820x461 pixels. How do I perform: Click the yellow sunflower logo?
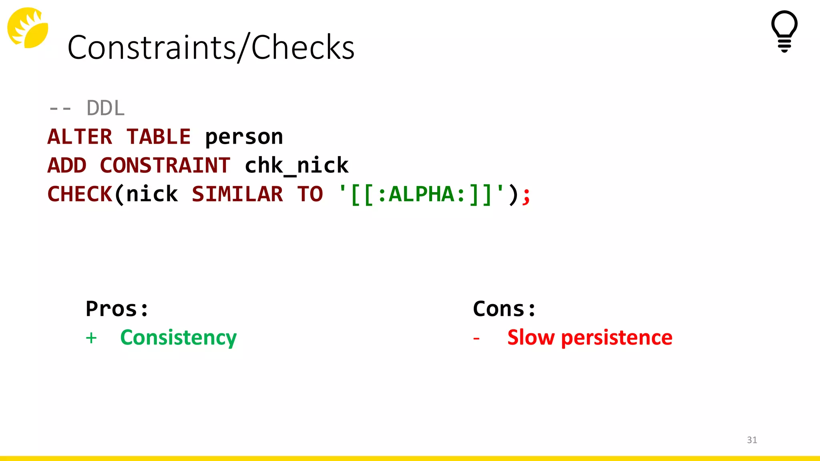[28, 28]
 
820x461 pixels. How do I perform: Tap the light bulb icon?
[784, 31]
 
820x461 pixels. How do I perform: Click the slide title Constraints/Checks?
[211, 47]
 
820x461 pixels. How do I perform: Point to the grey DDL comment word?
[106, 108]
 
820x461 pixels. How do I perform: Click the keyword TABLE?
[159, 137]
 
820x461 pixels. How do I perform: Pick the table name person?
[244, 137]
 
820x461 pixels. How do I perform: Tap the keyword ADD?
[67, 165]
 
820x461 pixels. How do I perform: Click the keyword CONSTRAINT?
[165, 165]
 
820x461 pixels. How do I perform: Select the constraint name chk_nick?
[296, 165]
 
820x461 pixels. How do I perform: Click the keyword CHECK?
[80, 194]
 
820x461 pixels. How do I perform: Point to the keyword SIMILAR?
[237, 194]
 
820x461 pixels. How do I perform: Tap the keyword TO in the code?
[310, 194]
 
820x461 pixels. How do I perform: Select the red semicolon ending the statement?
[527, 195]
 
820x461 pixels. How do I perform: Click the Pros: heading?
[117, 309]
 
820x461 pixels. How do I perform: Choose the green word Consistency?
[179, 338]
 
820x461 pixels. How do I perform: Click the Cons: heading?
[504, 309]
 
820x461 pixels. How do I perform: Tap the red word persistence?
[617, 338]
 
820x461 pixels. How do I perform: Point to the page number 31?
[752, 440]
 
